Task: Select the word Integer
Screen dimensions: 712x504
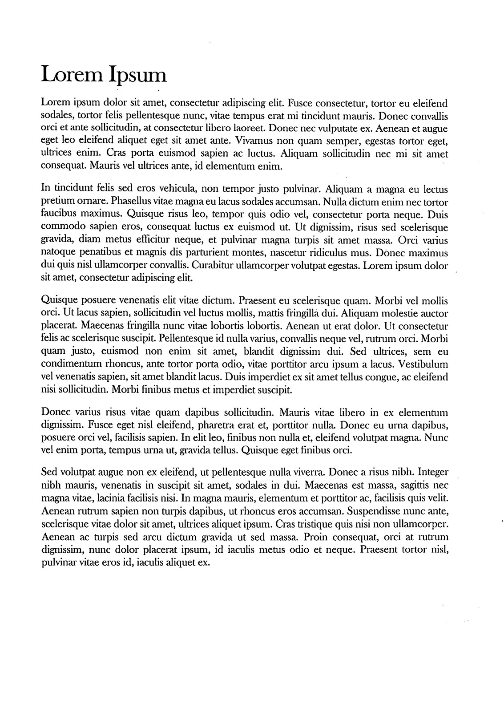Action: click(433, 471)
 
